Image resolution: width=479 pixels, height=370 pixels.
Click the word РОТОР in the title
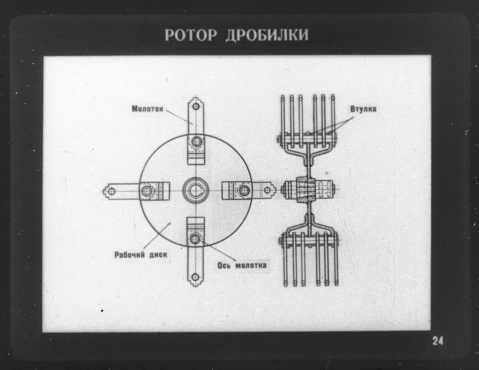click(191, 35)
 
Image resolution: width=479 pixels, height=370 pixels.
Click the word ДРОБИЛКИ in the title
click(267, 35)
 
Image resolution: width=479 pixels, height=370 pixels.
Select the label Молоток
click(147, 109)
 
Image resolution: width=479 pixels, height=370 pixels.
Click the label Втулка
click(363, 109)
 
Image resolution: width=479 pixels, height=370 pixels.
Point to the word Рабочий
click(130, 255)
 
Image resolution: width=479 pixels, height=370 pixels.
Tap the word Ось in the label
click(224, 266)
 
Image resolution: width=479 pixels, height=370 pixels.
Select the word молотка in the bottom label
click(251, 266)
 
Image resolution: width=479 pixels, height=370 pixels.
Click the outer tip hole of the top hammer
click(196, 107)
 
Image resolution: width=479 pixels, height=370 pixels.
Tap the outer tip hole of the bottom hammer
click(195, 277)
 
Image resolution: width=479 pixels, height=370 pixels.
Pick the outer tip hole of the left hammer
click(112, 191)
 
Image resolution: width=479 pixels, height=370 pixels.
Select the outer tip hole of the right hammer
click(267, 190)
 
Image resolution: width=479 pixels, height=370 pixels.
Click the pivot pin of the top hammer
click(196, 141)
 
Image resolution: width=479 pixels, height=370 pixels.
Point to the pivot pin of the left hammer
click(146, 191)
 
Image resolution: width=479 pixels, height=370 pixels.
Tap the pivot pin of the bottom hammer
click(195, 239)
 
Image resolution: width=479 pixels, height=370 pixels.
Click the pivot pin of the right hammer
click(244, 190)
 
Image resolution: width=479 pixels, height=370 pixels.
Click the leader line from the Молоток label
click(180, 118)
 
